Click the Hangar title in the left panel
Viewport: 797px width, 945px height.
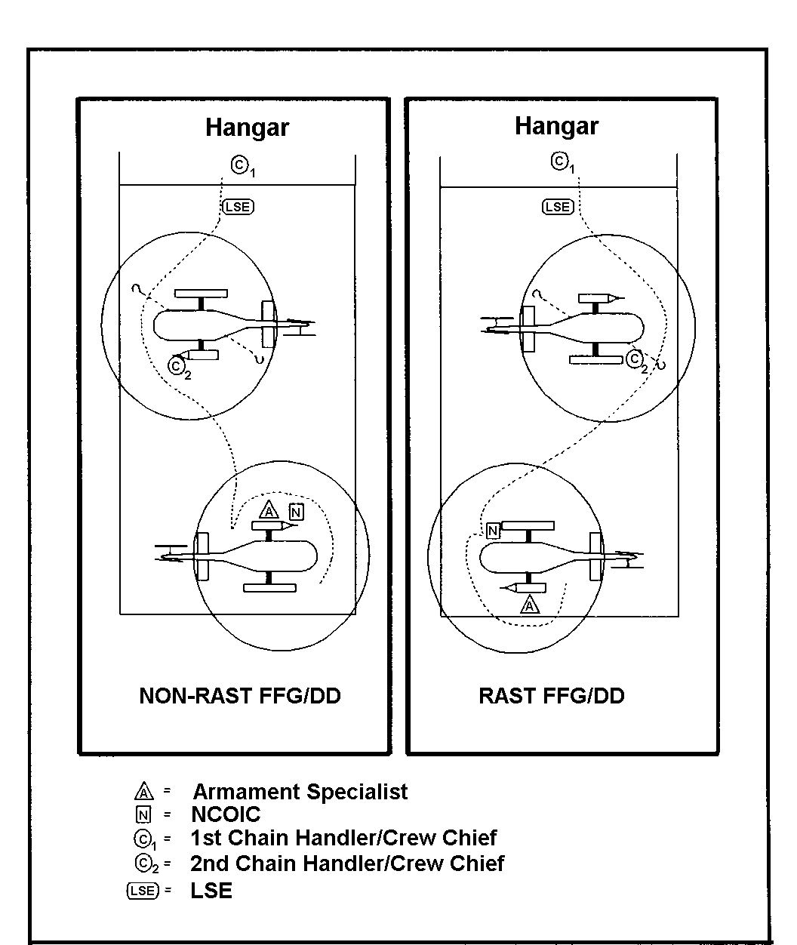point(247,128)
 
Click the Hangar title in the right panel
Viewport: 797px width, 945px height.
point(557,127)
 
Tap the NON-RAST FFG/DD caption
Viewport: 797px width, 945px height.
point(240,696)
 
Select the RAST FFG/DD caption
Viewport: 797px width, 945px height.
point(551,696)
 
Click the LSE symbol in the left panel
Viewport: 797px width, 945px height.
point(238,207)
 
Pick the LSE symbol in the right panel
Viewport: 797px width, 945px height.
point(558,207)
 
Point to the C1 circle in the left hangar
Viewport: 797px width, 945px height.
point(240,165)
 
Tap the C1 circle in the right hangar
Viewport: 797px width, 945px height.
point(559,161)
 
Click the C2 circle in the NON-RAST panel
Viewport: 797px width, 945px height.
point(176,365)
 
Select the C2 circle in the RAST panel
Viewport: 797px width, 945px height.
point(634,359)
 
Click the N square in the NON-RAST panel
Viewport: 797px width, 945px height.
point(296,513)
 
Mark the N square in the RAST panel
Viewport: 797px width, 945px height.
point(493,531)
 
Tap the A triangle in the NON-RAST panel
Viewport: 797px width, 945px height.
point(269,510)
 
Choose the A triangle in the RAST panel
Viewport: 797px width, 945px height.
point(530,605)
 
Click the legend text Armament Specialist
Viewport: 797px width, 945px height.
point(300,792)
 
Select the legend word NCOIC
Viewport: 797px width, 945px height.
point(226,814)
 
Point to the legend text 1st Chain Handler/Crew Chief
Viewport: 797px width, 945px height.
point(343,838)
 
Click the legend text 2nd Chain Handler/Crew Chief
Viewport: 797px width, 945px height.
point(347,863)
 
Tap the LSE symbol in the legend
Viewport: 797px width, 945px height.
point(143,891)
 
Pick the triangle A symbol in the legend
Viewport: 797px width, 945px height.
point(144,792)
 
